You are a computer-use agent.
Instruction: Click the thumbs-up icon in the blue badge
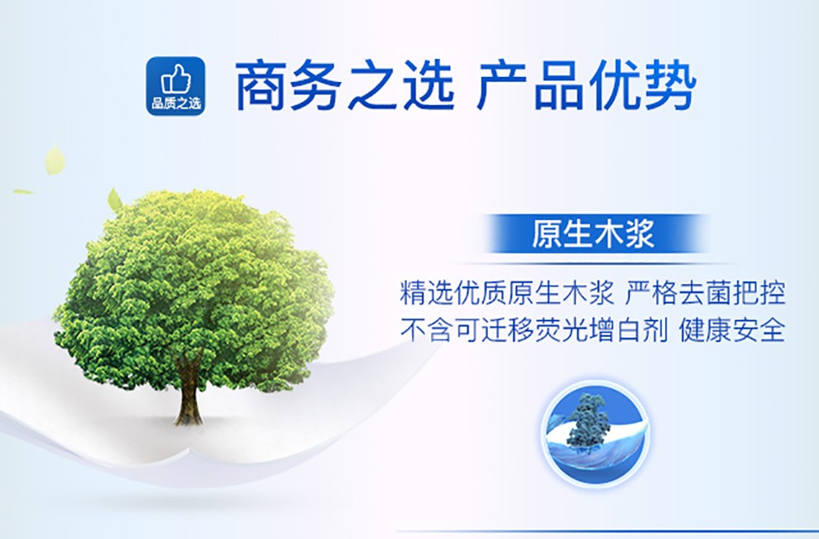click(x=176, y=79)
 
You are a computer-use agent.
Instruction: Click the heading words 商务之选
click(x=345, y=86)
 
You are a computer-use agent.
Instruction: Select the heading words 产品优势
click(x=587, y=86)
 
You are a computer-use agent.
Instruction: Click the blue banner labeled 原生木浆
click(x=593, y=233)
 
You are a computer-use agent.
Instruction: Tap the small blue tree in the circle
click(x=588, y=421)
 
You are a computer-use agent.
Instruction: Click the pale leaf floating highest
click(x=55, y=160)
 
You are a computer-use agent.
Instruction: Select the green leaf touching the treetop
click(x=114, y=200)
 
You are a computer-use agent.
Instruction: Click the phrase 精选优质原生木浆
click(x=506, y=293)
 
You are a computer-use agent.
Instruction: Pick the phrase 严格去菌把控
click(x=705, y=293)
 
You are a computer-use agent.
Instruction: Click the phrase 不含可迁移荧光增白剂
click(x=534, y=330)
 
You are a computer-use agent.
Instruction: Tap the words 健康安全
click(x=732, y=330)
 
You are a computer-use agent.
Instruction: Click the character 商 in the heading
click(x=261, y=86)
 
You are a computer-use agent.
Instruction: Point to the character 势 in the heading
click(x=671, y=86)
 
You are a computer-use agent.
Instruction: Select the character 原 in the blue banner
click(x=547, y=233)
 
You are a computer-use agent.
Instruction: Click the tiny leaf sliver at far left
click(x=23, y=192)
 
